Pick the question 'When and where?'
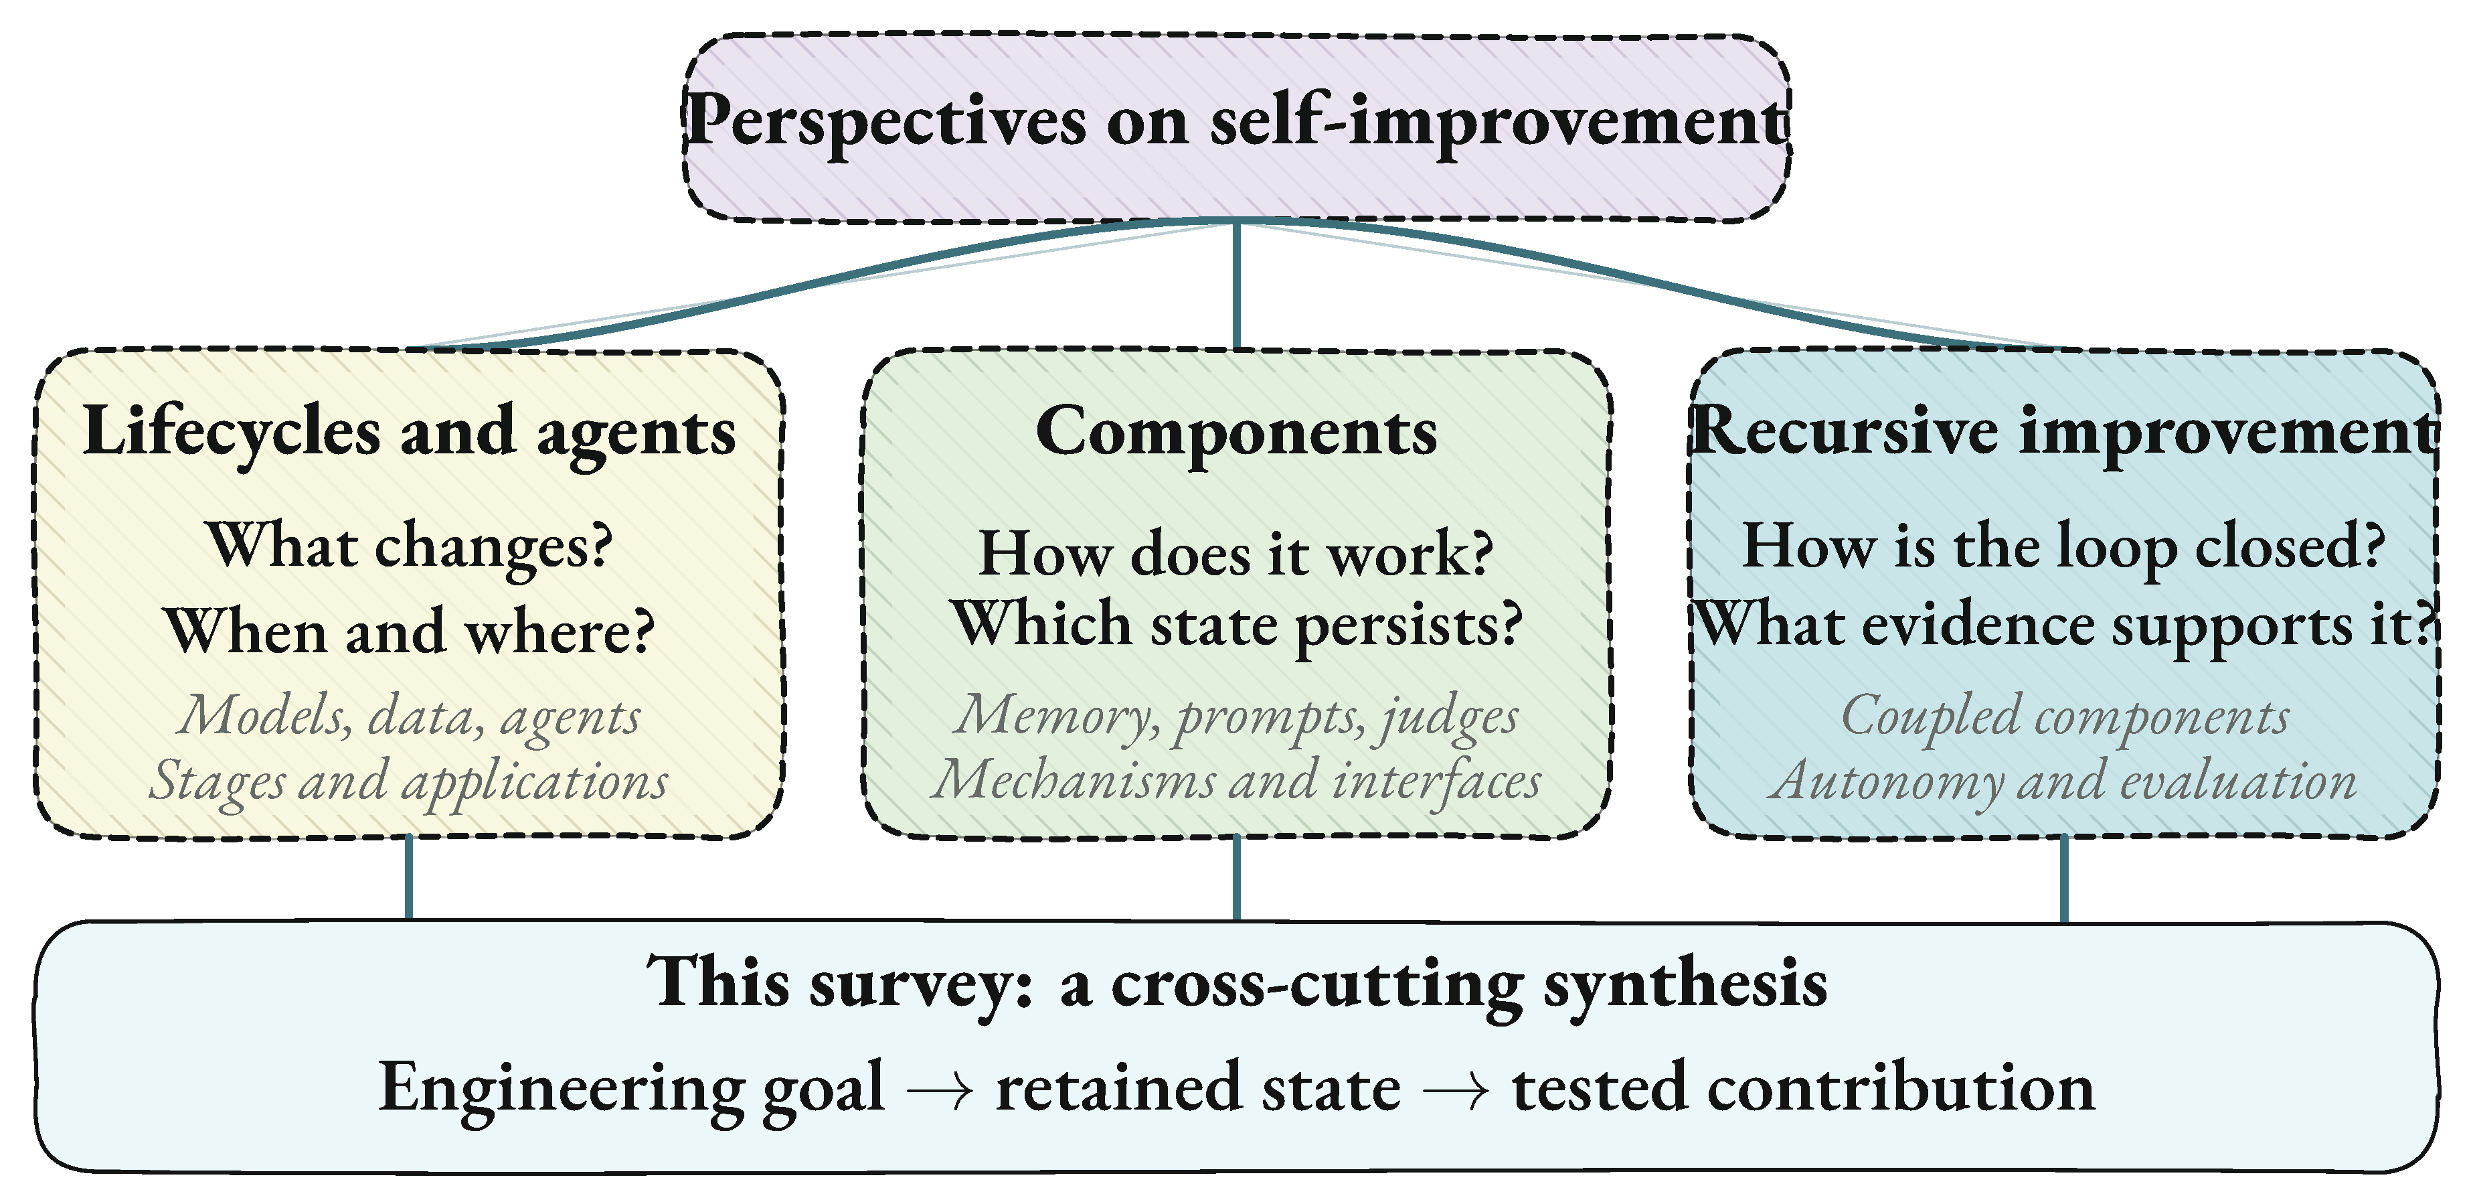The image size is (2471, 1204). [x=410, y=631]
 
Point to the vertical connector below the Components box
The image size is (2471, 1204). [x=1236, y=879]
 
